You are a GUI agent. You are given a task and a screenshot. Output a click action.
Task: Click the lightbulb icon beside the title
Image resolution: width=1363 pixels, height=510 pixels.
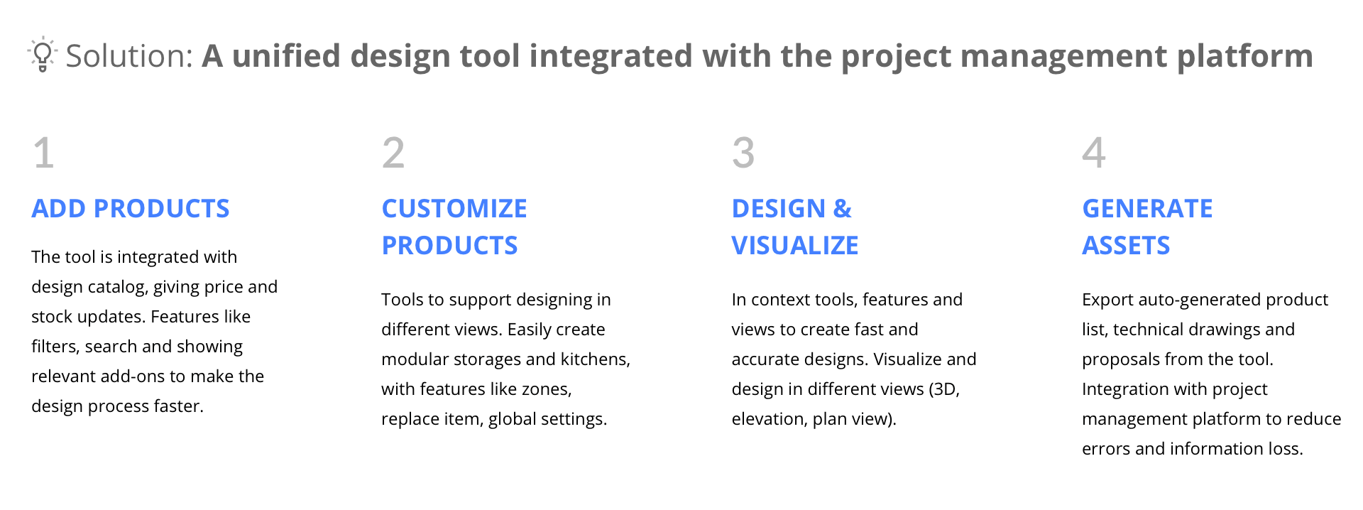[x=43, y=54]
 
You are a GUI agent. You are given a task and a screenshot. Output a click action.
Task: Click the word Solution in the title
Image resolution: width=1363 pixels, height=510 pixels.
[x=126, y=56]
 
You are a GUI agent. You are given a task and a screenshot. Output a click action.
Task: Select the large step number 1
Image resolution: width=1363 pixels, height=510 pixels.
[x=44, y=153]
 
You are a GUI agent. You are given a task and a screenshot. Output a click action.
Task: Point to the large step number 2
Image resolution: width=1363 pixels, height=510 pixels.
[x=393, y=153]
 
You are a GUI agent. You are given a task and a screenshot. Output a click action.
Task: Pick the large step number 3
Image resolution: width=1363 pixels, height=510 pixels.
[x=743, y=153]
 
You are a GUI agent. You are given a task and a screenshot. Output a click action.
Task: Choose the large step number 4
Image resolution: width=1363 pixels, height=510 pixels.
[x=1094, y=153]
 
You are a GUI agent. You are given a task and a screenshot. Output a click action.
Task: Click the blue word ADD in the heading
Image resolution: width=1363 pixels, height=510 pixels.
[x=59, y=209]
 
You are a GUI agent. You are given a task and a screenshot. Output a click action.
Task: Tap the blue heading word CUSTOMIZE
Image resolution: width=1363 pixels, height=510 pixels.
[x=454, y=209]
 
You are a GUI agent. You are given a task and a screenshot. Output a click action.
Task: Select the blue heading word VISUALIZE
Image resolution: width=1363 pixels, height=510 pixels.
[x=795, y=246]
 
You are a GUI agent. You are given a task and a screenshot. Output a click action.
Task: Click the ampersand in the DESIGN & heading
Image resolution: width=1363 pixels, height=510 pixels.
[x=843, y=209]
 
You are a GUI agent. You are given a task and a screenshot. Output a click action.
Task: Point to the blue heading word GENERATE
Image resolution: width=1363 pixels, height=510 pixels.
[x=1147, y=209]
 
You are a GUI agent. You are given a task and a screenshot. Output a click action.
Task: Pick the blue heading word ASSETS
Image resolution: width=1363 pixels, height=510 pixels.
[x=1126, y=246]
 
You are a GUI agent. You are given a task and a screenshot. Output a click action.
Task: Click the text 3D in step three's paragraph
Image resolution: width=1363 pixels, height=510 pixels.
[x=945, y=389]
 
